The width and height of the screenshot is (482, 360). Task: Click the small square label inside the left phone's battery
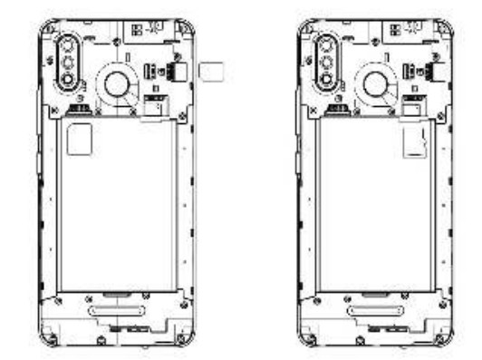pos(80,138)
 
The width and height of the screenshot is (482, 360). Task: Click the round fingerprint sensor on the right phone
pos(371,83)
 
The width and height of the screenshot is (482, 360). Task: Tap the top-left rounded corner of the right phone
pos(305,27)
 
